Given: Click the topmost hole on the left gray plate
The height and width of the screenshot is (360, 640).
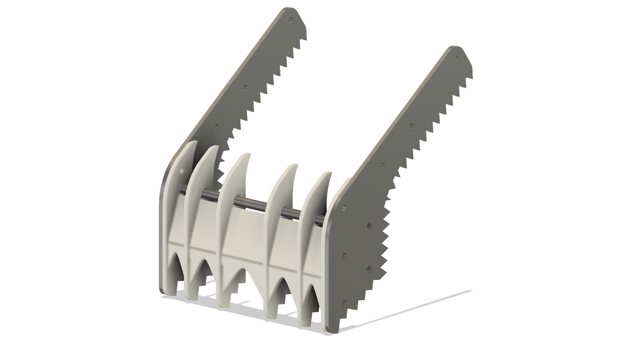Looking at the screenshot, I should tap(291, 20).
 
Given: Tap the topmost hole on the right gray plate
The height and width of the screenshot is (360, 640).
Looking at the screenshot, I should tap(457, 58).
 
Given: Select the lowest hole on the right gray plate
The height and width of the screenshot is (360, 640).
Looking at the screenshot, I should tap(345, 303).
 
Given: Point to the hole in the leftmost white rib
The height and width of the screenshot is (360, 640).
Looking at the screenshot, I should tap(182, 171).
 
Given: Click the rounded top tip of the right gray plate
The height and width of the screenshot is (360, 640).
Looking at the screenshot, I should tap(454, 47).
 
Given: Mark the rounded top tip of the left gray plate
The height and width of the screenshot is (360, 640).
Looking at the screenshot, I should tap(288, 9).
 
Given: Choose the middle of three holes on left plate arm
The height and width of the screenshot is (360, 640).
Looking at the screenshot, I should tap(245, 88).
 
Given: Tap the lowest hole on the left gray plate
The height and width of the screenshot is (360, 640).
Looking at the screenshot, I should tap(216, 127).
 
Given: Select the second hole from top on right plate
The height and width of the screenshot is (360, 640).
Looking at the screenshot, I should tap(411, 127).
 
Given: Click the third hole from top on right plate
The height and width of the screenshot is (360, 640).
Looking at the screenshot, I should tap(382, 166).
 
